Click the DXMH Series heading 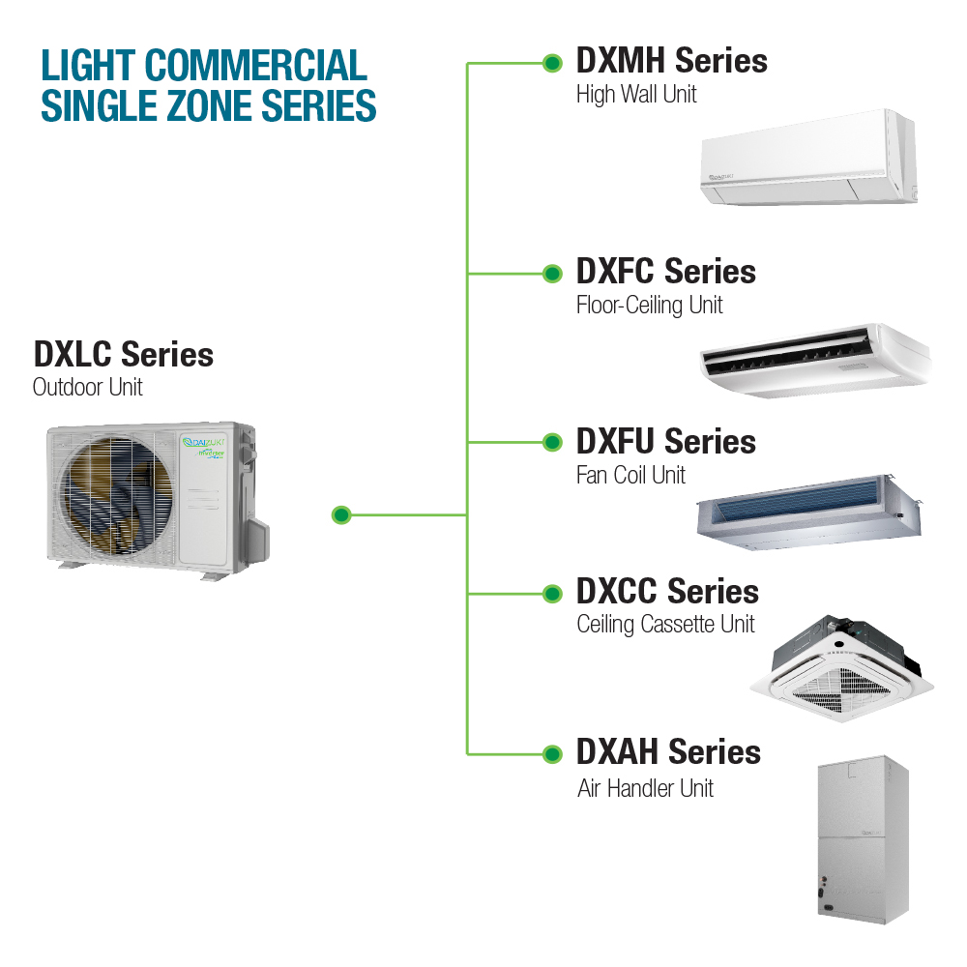click(x=671, y=61)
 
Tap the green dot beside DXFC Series click(x=552, y=274)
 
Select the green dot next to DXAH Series click(x=552, y=753)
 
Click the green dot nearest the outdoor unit click(x=340, y=514)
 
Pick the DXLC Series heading click(x=123, y=355)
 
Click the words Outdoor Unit click(x=87, y=388)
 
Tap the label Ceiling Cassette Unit click(x=665, y=625)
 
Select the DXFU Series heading click(x=665, y=442)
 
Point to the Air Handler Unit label click(x=645, y=788)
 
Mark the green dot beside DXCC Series click(x=552, y=593)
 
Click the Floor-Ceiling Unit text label click(x=649, y=306)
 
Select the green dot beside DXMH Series click(x=552, y=64)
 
